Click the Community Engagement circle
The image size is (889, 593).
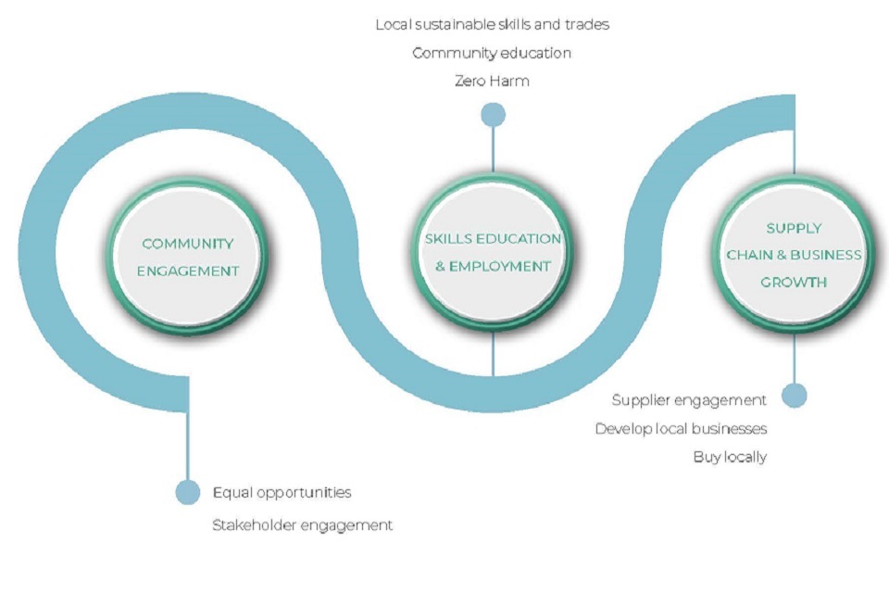188,257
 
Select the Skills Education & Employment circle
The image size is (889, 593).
493,252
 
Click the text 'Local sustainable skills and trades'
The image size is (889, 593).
492,24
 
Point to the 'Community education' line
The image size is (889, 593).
492,53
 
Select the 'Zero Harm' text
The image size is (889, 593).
492,81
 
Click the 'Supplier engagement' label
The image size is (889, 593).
689,400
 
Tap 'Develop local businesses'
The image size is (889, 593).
681,429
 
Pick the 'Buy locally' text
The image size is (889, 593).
730,457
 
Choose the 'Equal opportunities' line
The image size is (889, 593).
282,492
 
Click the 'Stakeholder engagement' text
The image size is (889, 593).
302,525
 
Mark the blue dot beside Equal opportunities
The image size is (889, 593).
188,492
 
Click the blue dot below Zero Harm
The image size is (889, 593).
493,114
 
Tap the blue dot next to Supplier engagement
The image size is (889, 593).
794,396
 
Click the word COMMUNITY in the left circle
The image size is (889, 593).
188,244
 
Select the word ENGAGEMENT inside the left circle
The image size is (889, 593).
188,271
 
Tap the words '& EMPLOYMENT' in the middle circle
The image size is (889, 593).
493,266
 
